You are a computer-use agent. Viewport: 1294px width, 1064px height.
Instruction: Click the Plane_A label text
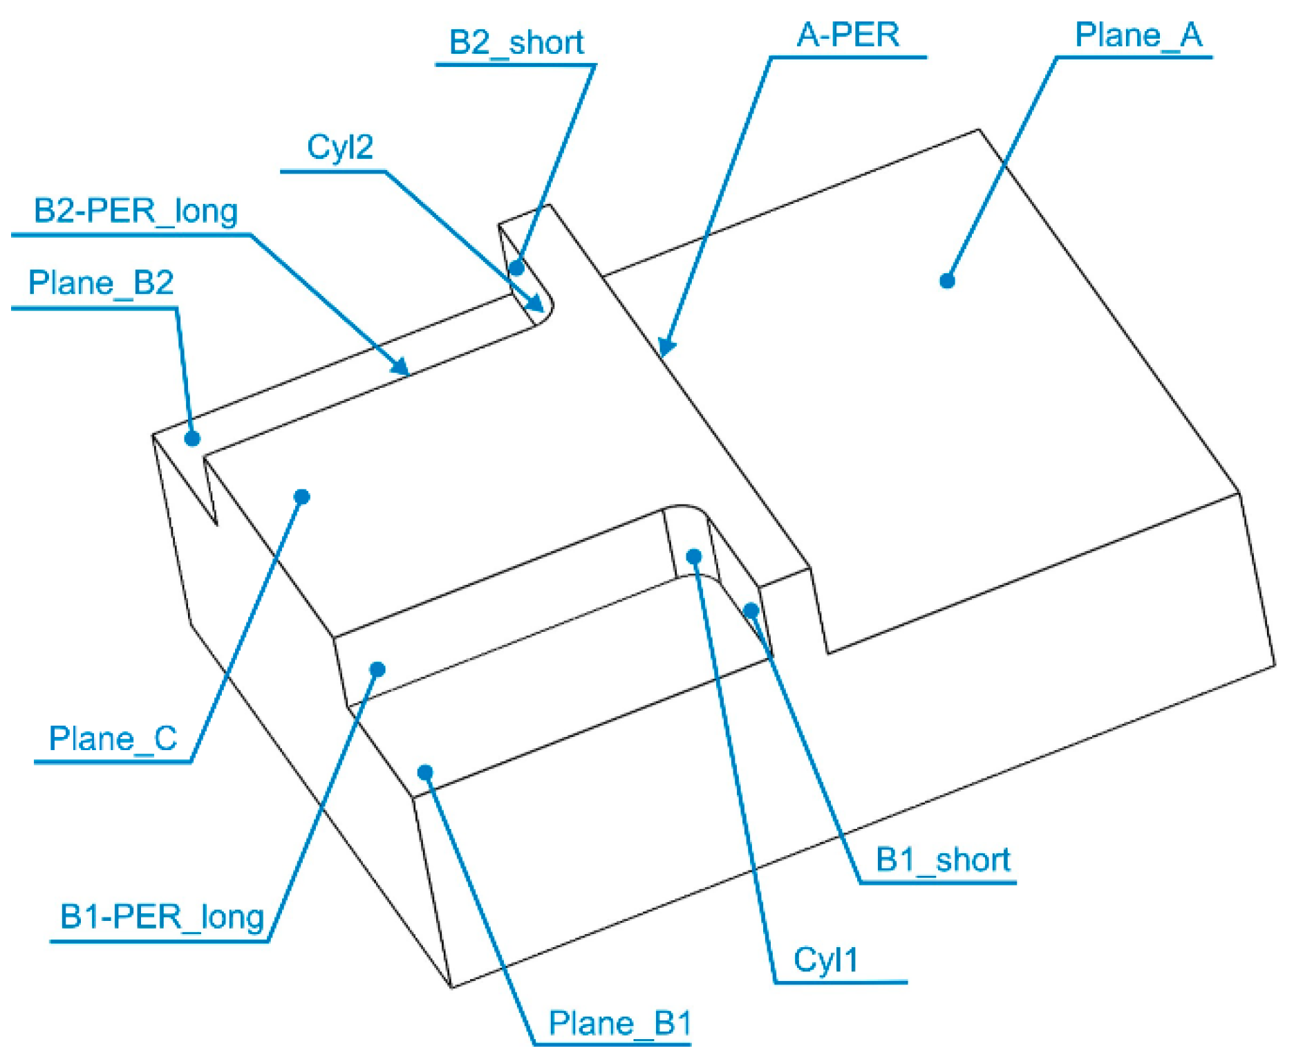tap(1138, 35)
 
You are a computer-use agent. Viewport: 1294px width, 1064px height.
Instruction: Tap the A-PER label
tap(847, 35)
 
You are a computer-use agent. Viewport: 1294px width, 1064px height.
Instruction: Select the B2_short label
tap(516, 42)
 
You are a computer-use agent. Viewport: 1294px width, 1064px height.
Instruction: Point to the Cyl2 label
tap(339, 147)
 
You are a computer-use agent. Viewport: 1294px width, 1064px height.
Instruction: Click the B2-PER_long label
tap(135, 211)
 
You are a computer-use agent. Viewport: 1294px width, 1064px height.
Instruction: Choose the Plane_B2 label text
tap(101, 283)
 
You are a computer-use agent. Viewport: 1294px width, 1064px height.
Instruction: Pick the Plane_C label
tap(113, 738)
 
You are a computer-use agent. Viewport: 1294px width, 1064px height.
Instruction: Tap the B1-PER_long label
tap(162, 917)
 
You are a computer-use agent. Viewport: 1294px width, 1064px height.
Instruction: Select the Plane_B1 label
tap(619, 1023)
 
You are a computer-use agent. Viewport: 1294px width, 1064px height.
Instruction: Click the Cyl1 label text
tap(825, 960)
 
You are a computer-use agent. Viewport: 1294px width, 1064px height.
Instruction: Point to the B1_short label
tap(943, 859)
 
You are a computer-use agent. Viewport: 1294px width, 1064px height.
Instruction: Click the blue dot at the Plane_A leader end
tap(947, 281)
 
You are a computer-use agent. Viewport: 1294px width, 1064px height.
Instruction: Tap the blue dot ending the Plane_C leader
tap(302, 496)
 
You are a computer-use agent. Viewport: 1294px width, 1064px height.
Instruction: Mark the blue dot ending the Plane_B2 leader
tap(193, 438)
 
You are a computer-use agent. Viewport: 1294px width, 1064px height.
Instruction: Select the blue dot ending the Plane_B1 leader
tap(425, 772)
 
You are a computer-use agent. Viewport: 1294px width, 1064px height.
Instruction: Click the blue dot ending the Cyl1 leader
tap(694, 557)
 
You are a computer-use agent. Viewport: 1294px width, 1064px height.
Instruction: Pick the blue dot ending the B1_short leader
tap(751, 610)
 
